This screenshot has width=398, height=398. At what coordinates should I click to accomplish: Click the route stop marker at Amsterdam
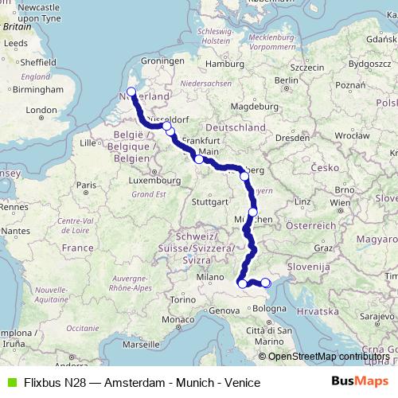(131, 92)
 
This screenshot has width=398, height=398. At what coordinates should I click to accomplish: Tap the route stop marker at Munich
(253, 212)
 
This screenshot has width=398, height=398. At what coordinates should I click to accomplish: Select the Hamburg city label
(223, 63)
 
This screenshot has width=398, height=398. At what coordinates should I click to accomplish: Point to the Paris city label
(88, 185)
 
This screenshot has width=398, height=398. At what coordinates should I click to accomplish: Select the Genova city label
(224, 310)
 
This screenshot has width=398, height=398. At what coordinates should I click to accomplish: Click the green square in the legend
(10, 383)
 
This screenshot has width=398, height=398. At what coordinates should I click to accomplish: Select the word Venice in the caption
(243, 383)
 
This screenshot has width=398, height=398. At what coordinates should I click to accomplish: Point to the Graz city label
(322, 248)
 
